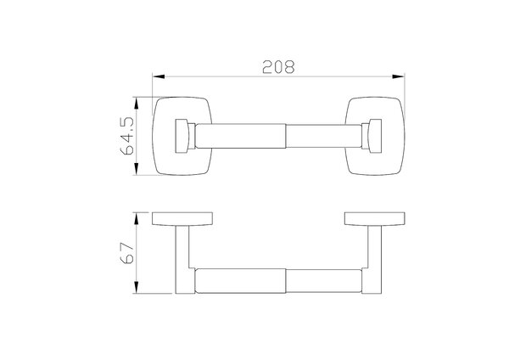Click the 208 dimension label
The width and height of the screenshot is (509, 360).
pyautogui.click(x=278, y=66)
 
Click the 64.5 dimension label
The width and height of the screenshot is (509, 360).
pyautogui.click(x=127, y=136)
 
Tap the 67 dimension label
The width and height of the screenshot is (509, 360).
pyautogui.click(x=127, y=253)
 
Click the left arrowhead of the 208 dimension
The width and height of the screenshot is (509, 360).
pyautogui.click(x=159, y=76)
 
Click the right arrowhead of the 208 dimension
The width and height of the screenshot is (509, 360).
pyautogui.click(x=399, y=76)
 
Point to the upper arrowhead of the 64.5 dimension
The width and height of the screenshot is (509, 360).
pyautogui.click(x=137, y=104)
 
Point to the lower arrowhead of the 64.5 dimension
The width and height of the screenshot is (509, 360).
pyautogui.click(x=137, y=169)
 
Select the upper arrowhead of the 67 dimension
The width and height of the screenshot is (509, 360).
pyautogui.click(x=137, y=219)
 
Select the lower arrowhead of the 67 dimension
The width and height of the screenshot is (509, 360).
pyautogui.click(x=137, y=288)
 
